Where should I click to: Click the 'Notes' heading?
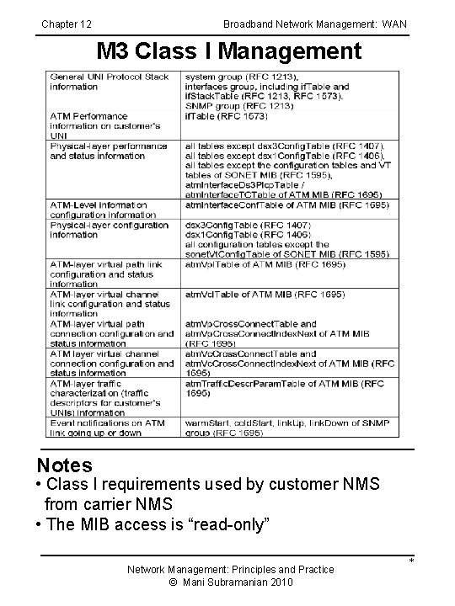tap(65, 465)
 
